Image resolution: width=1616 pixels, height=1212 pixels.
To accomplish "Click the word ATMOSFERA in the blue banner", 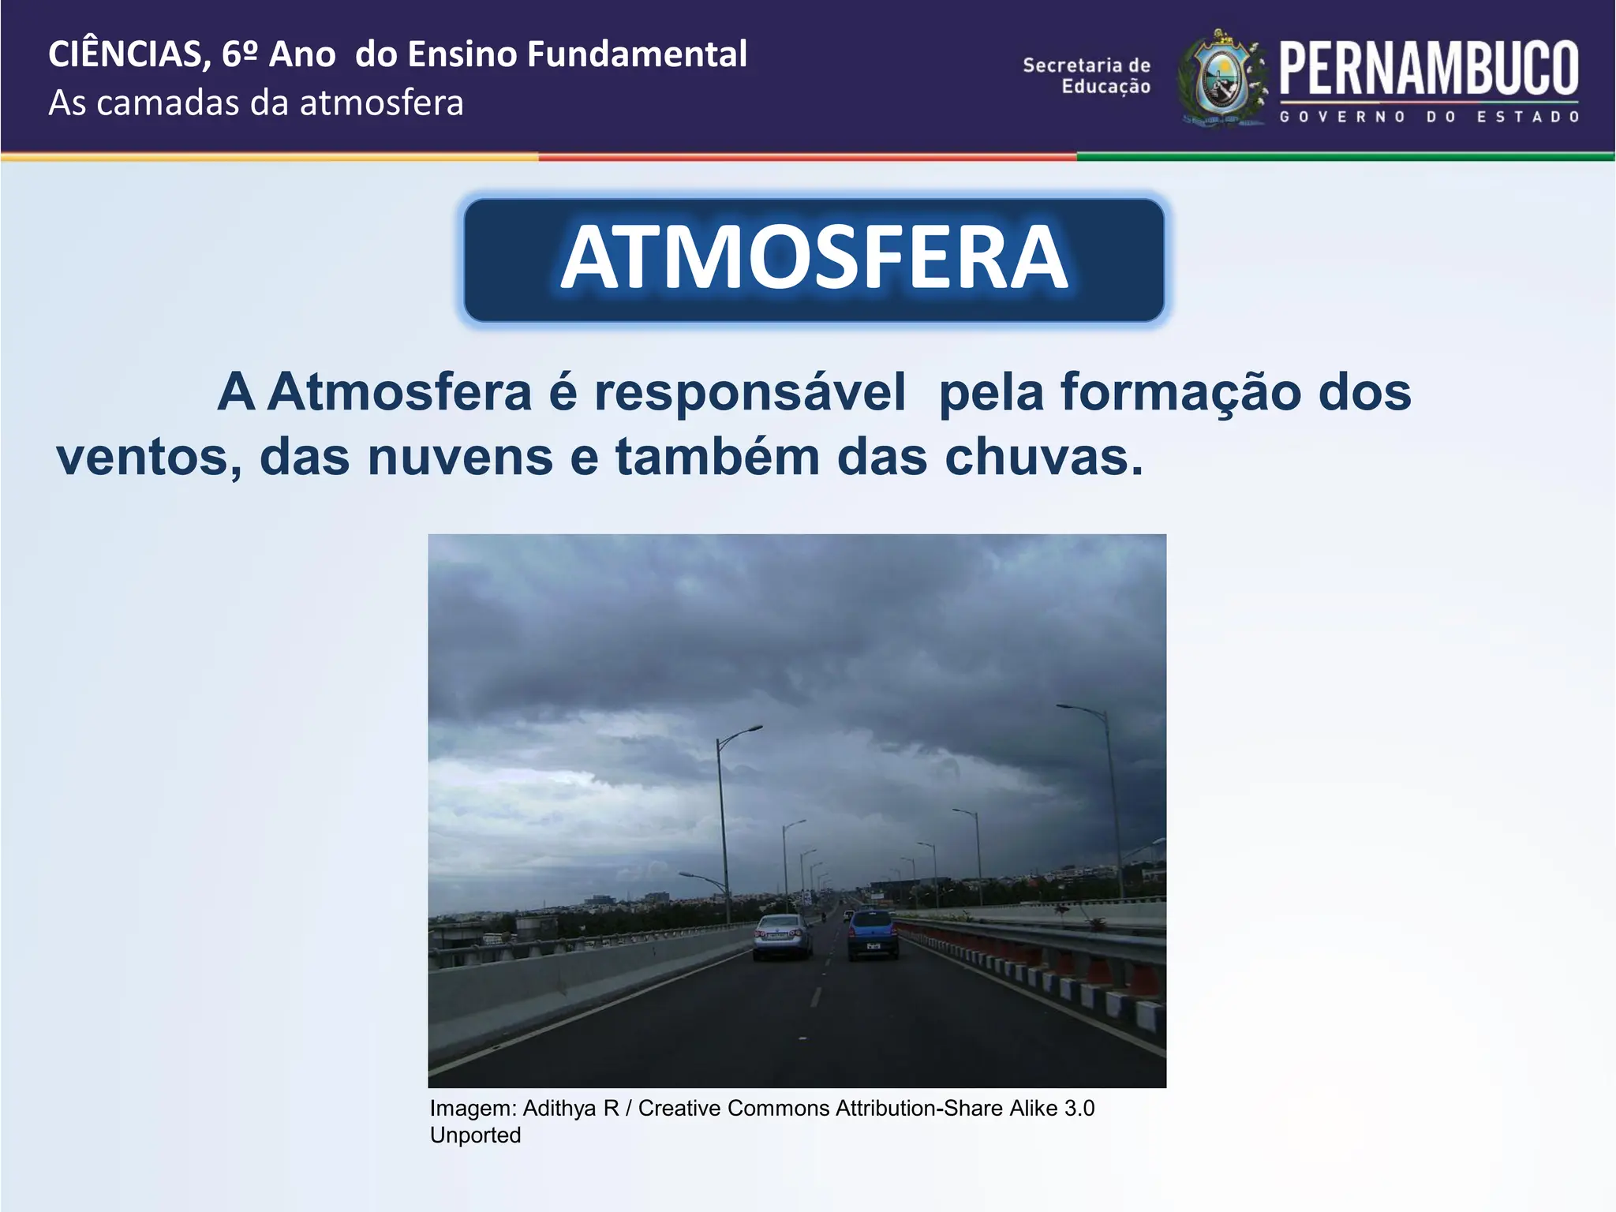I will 814,258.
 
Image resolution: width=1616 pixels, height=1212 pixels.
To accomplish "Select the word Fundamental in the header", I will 636,54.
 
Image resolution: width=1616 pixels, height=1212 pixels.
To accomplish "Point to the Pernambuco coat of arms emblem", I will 1221,79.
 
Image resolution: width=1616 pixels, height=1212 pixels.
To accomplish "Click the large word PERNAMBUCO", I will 1428,69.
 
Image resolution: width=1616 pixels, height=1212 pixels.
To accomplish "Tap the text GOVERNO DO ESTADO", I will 1428,117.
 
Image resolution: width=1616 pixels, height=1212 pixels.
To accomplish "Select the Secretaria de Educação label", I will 1087,76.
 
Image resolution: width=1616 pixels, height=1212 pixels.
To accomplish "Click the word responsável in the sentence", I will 749,392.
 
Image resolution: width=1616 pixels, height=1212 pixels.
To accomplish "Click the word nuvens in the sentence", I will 461,458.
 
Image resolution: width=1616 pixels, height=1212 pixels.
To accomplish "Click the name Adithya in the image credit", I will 559,1109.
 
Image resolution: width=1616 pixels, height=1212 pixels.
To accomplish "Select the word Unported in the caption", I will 475,1135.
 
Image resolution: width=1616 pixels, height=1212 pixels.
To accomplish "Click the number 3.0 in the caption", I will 1079,1109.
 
